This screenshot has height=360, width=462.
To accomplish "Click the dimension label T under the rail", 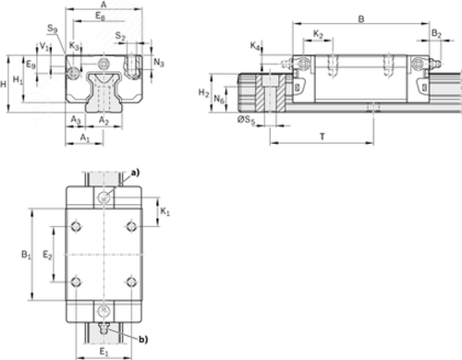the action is pos(322,137).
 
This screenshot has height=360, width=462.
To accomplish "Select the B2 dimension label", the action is pos(436,33).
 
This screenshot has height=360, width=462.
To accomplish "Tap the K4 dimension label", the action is pos(255,46).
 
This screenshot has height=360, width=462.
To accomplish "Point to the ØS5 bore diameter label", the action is pos(246,120).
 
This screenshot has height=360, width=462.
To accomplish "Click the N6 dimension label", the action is pos(219,100).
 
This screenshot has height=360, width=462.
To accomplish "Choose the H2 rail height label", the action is pos(203,92).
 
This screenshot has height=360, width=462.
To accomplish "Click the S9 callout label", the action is pos(53,29).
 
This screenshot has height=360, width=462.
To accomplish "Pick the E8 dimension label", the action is pos(100,16).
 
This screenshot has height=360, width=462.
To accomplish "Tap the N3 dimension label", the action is pos(159,63).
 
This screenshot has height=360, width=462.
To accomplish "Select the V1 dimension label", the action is pos(44,47).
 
